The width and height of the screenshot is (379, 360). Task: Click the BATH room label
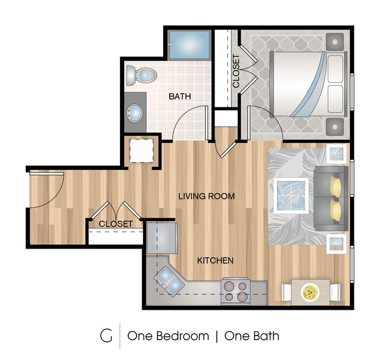[x=180, y=96]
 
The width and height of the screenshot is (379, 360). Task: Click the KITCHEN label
[x=215, y=260]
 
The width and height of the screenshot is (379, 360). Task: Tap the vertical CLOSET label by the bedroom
[x=236, y=71]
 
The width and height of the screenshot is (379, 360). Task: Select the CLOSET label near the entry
[x=115, y=224]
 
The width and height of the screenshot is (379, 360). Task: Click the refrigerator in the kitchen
[x=162, y=237]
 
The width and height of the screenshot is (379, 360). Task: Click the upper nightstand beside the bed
[x=335, y=42]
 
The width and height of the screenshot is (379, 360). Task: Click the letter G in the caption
[x=106, y=335]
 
